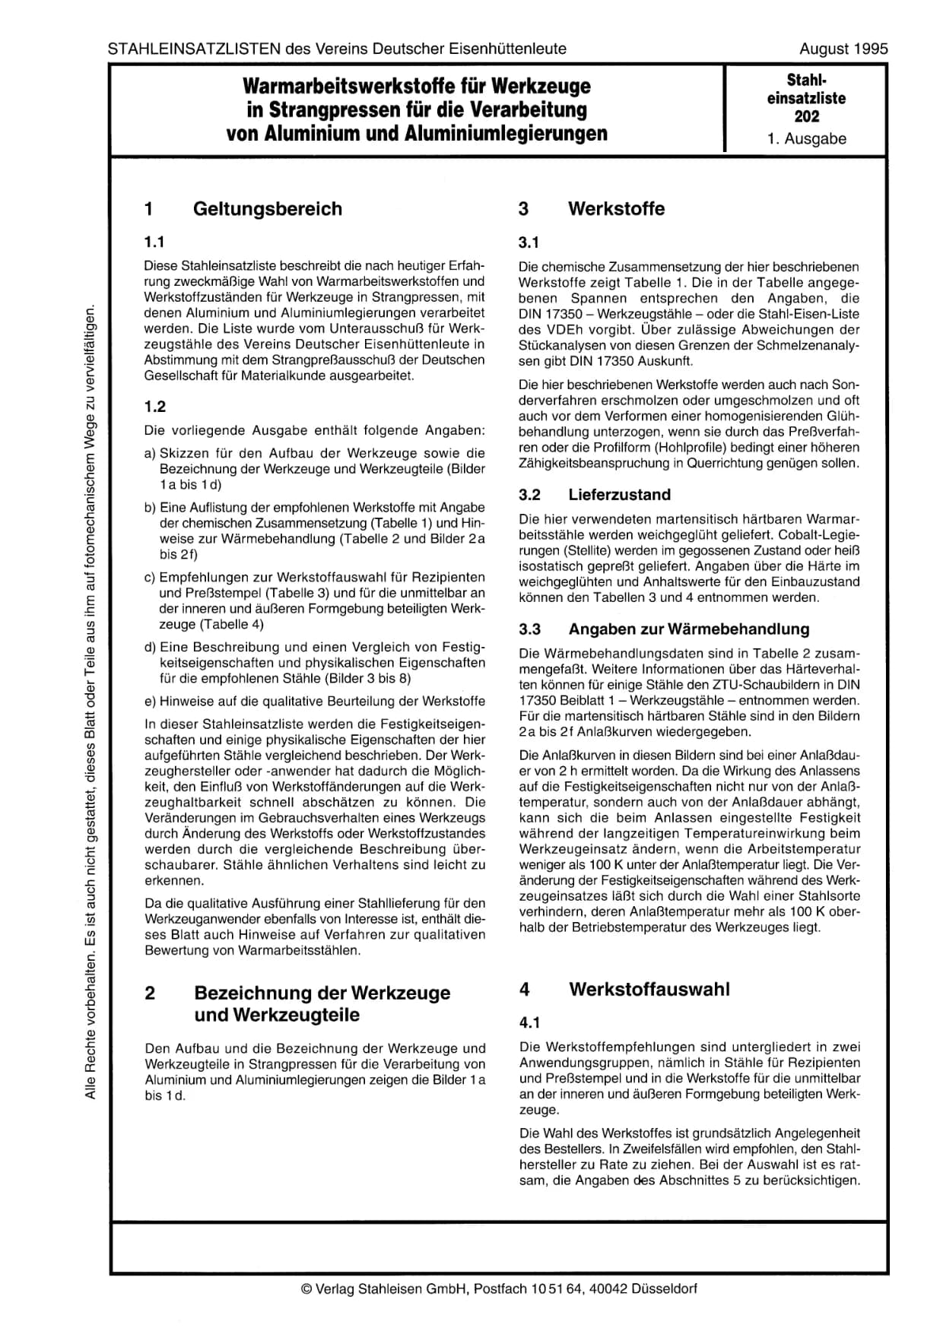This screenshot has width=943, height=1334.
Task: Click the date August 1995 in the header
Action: coord(843,49)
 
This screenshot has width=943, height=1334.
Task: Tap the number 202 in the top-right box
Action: coord(806,116)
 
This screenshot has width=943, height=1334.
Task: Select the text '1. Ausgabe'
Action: coord(806,139)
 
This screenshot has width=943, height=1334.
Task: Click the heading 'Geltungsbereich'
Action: coord(268,209)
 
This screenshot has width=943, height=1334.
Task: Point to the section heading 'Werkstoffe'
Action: coord(616,209)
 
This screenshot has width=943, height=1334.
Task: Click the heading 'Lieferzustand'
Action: coord(619,495)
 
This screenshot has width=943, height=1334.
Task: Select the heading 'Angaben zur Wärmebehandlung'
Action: coord(689,629)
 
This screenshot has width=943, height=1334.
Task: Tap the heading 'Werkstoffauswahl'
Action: coord(649,990)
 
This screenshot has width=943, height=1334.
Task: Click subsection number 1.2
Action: coord(155,407)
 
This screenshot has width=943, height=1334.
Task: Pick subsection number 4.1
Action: coord(529,1023)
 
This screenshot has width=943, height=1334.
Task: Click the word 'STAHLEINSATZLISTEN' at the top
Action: coord(194,49)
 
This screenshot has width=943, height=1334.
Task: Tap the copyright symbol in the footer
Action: coord(306,1288)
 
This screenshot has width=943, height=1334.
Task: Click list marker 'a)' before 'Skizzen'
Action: coord(151,454)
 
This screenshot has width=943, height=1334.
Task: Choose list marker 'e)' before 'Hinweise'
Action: coord(151,701)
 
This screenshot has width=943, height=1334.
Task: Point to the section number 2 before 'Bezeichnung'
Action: coord(150,993)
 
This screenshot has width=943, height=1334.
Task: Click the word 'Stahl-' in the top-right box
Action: coord(806,80)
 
